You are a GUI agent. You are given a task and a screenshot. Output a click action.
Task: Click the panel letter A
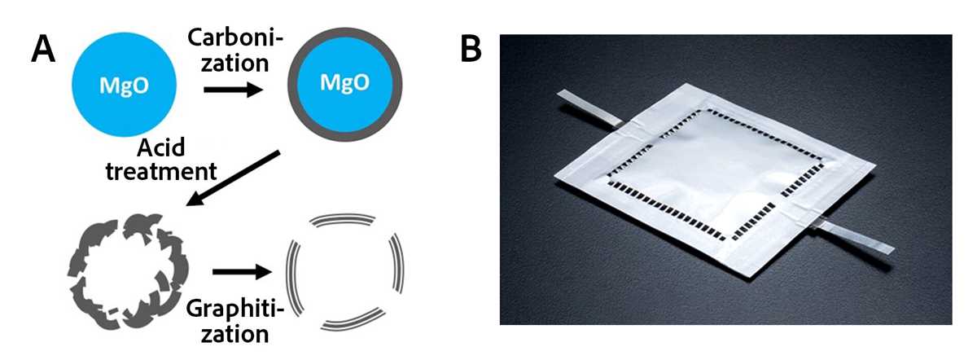(43, 49)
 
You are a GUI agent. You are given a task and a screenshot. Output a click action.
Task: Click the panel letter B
(471, 48)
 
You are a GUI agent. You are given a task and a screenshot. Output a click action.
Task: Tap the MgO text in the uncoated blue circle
(125, 86)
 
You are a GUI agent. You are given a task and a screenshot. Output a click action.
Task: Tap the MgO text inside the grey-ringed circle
(344, 82)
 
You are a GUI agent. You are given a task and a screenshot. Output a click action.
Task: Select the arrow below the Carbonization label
(234, 90)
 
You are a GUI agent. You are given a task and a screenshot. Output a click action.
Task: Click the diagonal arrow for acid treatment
(233, 178)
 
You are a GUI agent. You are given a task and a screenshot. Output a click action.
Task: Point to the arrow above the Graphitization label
(243, 272)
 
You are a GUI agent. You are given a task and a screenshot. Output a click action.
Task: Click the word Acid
(161, 147)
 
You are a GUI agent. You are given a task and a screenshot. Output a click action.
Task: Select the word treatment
(161, 171)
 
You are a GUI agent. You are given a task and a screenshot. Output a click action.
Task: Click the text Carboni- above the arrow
(235, 38)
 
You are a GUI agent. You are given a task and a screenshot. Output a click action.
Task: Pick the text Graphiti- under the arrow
(235, 309)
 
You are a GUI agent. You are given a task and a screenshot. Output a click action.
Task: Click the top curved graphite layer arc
(344, 217)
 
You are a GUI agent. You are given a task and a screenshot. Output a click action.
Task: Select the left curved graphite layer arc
(292, 279)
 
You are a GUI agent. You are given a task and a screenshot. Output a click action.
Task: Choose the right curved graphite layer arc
(398, 263)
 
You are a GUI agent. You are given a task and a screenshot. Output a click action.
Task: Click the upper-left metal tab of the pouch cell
(589, 108)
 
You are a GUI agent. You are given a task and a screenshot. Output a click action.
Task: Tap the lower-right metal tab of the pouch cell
(854, 237)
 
